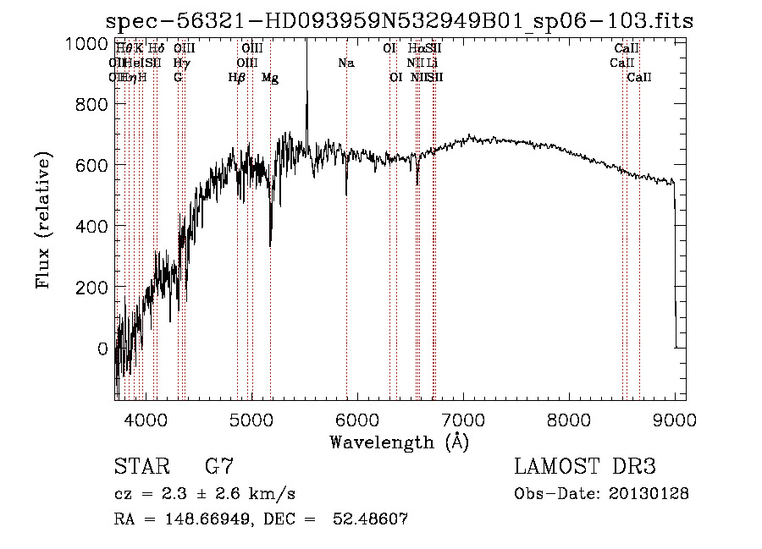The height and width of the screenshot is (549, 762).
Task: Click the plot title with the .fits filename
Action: click(x=400, y=21)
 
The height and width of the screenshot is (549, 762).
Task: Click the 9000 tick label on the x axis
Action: click(x=675, y=417)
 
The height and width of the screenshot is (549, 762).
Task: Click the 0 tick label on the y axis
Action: click(x=102, y=349)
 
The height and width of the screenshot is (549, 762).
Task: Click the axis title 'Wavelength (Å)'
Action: click(x=399, y=442)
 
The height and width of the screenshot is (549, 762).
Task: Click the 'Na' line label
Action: click(x=345, y=63)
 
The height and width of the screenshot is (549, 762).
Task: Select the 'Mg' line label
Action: click(x=270, y=78)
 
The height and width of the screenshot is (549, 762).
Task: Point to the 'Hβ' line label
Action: click(x=237, y=78)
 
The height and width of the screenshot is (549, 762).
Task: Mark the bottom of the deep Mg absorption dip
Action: click(x=270, y=244)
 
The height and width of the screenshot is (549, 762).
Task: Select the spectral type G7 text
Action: click(x=218, y=467)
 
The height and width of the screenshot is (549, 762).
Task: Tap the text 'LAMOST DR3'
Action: click(x=584, y=467)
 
